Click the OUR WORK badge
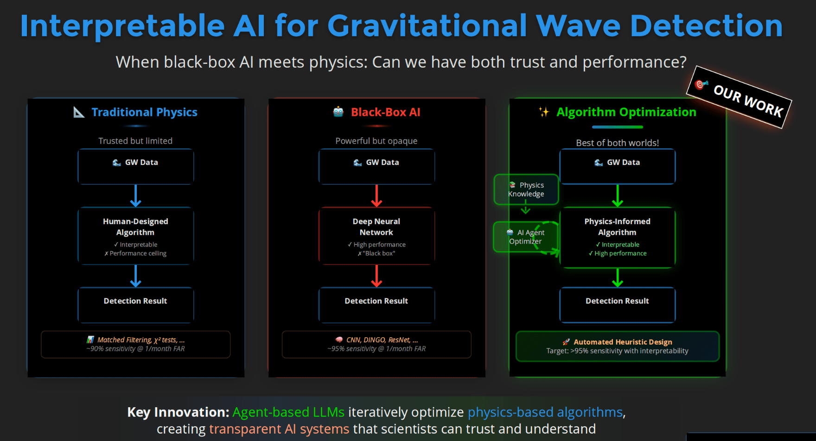pos(739,97)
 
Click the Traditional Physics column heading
pos(144,112)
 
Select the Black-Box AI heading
pos(385,112)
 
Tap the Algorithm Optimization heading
pos(626,112)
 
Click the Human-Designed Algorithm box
pos(135,236)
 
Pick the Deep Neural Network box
pos(376,236)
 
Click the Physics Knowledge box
pos(526,189)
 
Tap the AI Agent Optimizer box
pos(525,237)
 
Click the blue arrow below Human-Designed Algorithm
pos(135,276)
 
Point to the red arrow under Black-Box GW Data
pos(376,195)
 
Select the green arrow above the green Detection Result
pos(617,277)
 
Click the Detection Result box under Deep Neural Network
pos(376,305)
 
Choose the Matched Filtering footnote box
pos(135,344)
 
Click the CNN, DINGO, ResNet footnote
pos(376,344)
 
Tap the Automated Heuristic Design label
pos(622,342)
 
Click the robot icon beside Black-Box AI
pos(338,112)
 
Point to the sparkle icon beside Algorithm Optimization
pos(544,112)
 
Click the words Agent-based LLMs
pos(288,412)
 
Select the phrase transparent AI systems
pos(279,429)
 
